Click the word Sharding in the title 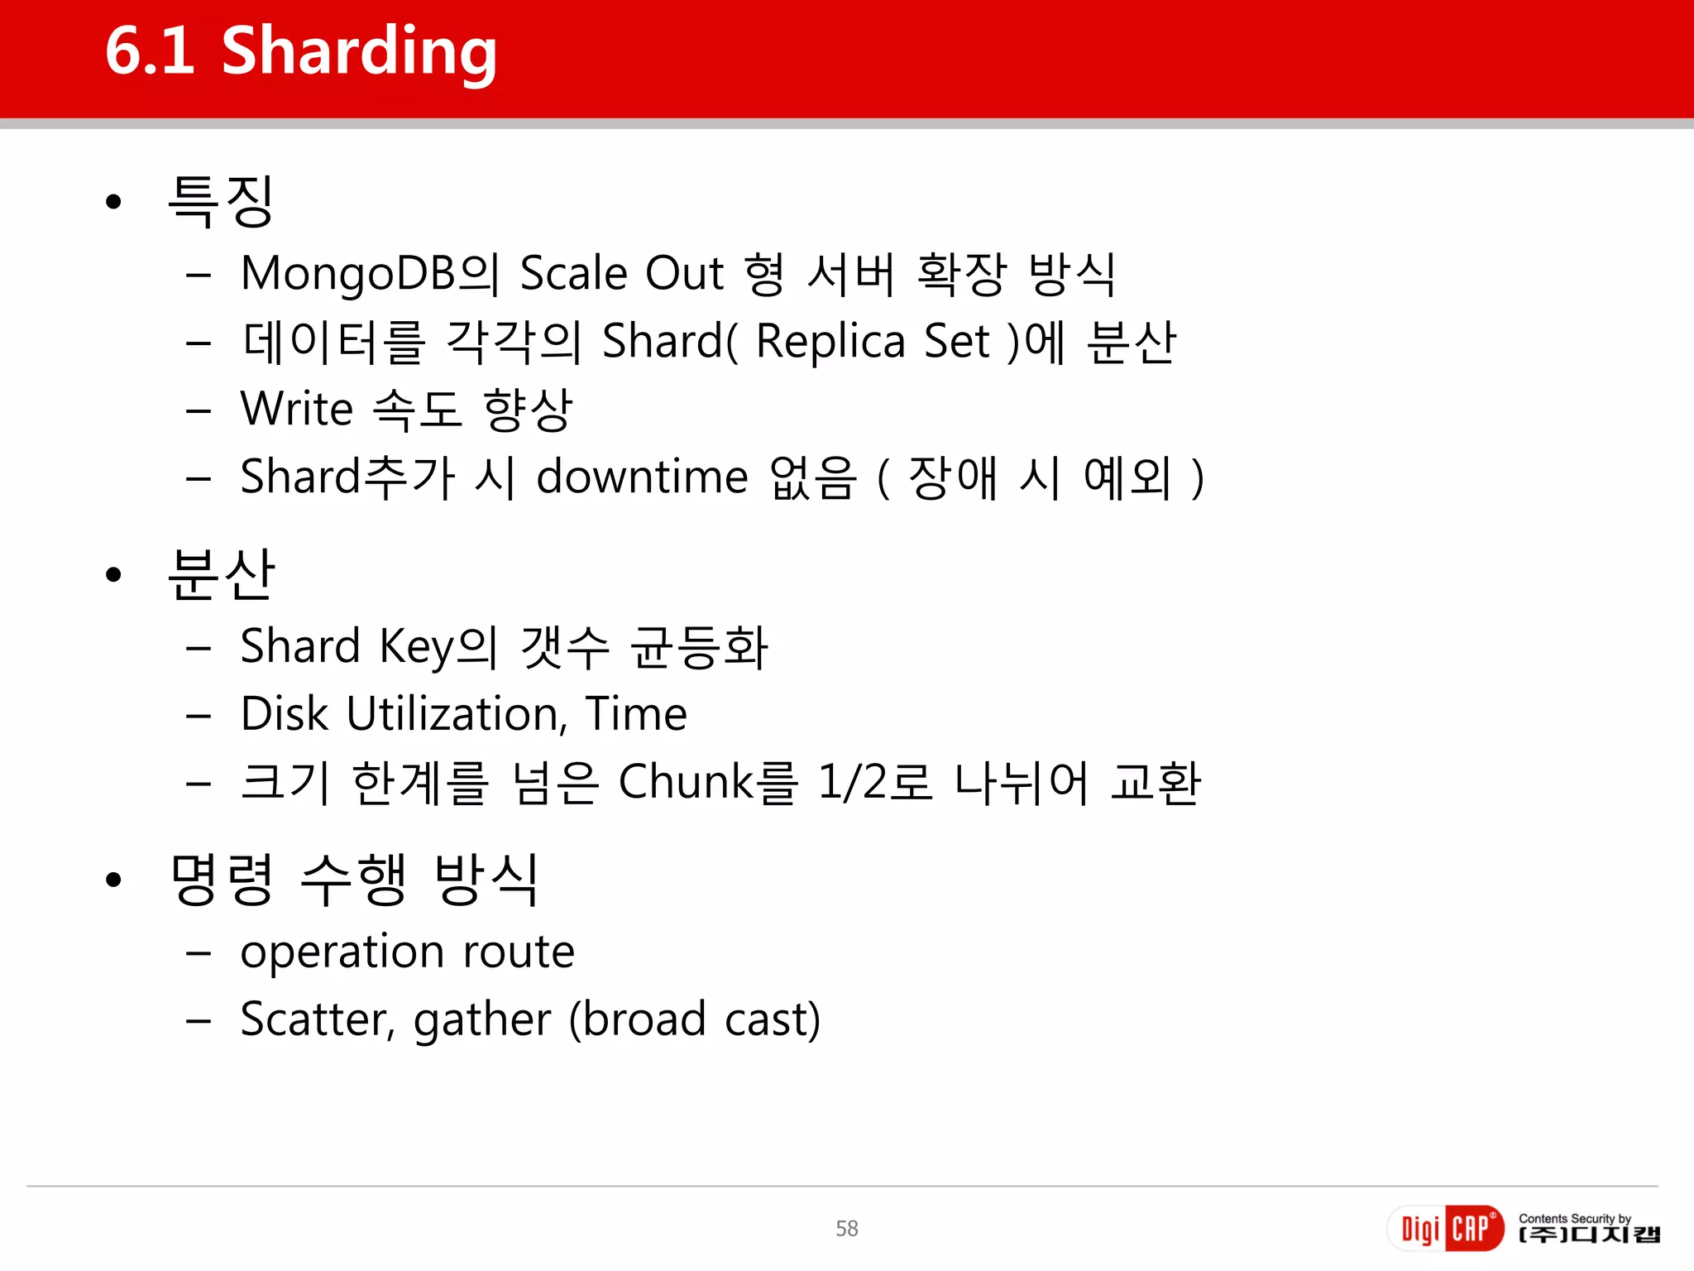(x=359, y=51)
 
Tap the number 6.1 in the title (x=150, y=51)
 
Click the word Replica (x=830, y=342)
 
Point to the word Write (x=297, y=410)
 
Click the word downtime (x=642, y=477)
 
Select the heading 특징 (x=220, y=201)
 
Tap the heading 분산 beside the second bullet (x=220, y=574)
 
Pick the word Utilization (x=457, y=714)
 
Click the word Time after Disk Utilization (x=636, y=714)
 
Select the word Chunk (x=686, y=782)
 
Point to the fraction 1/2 (x=852, y=782)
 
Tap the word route (x=518, y=952)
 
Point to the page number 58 (x=847, y=1229)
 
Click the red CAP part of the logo (x=1473, y=1229)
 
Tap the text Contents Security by (x=1574, y=1218)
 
